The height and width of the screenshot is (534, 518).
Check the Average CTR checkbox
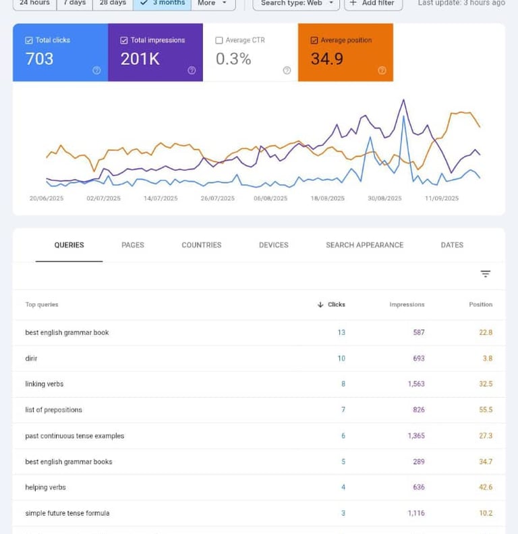[x=219, y=41]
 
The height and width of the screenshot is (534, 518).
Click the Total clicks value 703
[x=39, y=59]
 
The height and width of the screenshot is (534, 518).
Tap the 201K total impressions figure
[x=140, y=59]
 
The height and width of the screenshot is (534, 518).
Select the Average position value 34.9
[x=326, y=59]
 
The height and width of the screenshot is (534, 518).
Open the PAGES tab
[x=133, y=245]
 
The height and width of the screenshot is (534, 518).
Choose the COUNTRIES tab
[x=201, y=245]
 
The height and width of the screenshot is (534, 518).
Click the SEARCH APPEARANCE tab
[x=364, y=245]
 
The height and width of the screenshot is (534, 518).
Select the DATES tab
[x=452, y=245]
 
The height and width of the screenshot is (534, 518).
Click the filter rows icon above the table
[x=486, y=273]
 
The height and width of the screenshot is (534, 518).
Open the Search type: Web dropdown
[x=297, y=3]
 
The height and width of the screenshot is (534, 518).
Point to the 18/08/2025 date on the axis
[x=328, y=198]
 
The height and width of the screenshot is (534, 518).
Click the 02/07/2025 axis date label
[x=103, y=198]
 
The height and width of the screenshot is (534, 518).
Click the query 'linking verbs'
[x=45, y=384]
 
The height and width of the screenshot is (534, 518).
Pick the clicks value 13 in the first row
[x=341, y=333]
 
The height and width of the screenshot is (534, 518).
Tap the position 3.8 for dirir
[x=487, y=358]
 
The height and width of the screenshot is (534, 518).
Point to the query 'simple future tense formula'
[x=67, y=513]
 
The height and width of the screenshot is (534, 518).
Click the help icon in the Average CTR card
[x=287, y=70]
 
